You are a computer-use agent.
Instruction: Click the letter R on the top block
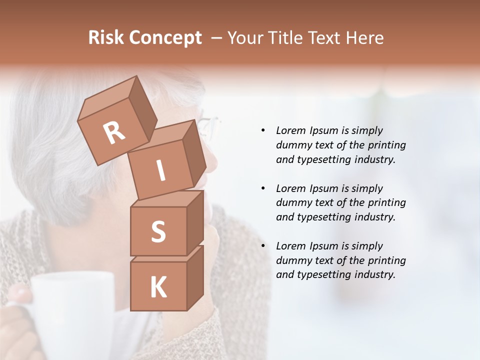114,132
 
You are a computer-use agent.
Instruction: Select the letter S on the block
158,231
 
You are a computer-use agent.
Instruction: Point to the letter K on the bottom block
158,287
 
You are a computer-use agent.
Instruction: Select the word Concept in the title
165,38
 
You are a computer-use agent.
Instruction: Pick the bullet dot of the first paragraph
263,130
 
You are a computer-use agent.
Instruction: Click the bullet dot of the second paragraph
263,188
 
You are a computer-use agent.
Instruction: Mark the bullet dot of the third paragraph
263,246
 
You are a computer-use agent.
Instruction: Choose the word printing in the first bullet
386,145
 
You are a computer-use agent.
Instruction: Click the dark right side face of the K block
195,277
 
